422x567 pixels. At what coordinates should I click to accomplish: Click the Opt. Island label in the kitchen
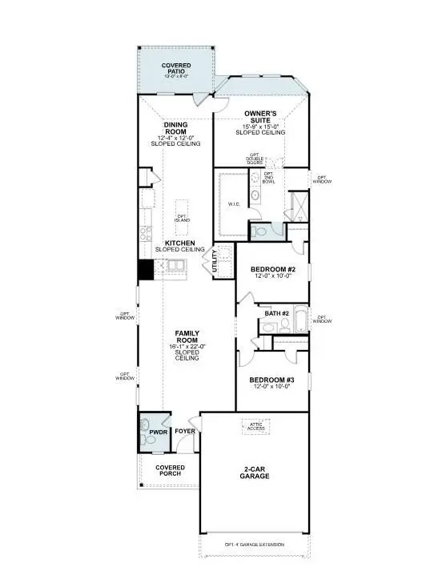pyautogui.click(x=183, y=218)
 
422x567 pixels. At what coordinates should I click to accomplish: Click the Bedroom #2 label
pyautogui.click(x=273, y=270)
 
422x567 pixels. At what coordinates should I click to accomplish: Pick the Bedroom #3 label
pyautogui.click(x=272, y=382)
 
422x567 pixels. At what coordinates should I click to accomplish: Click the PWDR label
pyautogui.click(x=157, y=433)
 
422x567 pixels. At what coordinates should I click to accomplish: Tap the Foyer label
pyautogui.click(x=186, y=433)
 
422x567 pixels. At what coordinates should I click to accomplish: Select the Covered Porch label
pyautogui.click(x=170, y=470)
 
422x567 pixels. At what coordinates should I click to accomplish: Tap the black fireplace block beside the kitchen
pyautogui.click(x=146, y=270)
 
